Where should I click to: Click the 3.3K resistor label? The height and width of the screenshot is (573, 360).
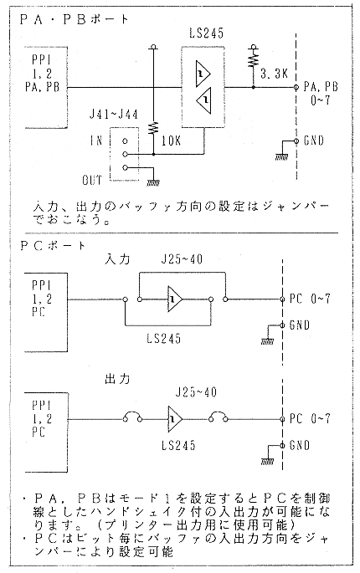pyautogui.click(x=274, y=74)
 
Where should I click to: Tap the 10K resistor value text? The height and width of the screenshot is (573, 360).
pyautogui.click(x=171, y=141)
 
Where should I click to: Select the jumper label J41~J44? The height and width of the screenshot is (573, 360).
pyautogui.click(x=114, y=115)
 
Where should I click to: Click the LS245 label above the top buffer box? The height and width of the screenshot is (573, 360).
pyautogui.click(x=206, y=33)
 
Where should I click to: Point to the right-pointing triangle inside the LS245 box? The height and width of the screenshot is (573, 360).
pyautogui.click(x=203, y=74)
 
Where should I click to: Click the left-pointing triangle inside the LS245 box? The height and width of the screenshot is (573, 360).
pyautogui.click(x=204, y=100)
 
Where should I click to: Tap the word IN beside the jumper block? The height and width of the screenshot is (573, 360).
pyautogui.click(x=95, y=141)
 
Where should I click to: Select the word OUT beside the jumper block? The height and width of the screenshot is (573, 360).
pyautogui.click(x=92, y=180)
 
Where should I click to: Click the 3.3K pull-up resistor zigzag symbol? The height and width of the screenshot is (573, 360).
pyautogui.click(x=253, y=59)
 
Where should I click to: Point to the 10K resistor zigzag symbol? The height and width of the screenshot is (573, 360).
pyautogui.click(x=154, y=129)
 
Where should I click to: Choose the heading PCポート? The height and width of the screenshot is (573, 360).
pyautogui.click(x=53, y=246)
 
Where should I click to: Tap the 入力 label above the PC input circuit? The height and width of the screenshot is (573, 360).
pyautogui.click(x=117, y=259)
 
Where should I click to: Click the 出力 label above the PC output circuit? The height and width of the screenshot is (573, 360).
pyautogui.click(x=117, y=379)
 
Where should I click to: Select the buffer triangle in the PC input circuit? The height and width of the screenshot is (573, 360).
pyautogui.click(x=174, y=299)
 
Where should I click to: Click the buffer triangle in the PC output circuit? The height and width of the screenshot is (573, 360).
pyautogui.click(x=174, y=419)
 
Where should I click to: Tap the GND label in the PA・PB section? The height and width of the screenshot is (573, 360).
pyautogui.click(x=314, y=141)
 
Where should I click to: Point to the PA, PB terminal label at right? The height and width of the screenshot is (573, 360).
pyautogui.click(x=321, y=87)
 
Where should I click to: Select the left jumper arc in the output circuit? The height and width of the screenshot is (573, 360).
pyautogui.click(x=133, y=415)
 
